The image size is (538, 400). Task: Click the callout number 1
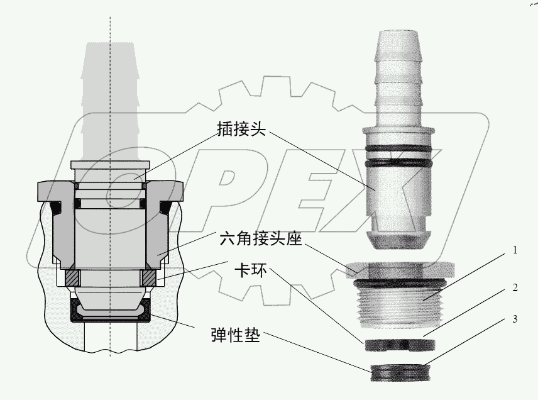coord(515,250)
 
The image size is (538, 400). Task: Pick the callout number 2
coord(515,288)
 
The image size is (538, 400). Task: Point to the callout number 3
coord(515,319)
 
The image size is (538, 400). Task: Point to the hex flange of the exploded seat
coord(398,269)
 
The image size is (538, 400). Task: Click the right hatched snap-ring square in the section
coord(149,276)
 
